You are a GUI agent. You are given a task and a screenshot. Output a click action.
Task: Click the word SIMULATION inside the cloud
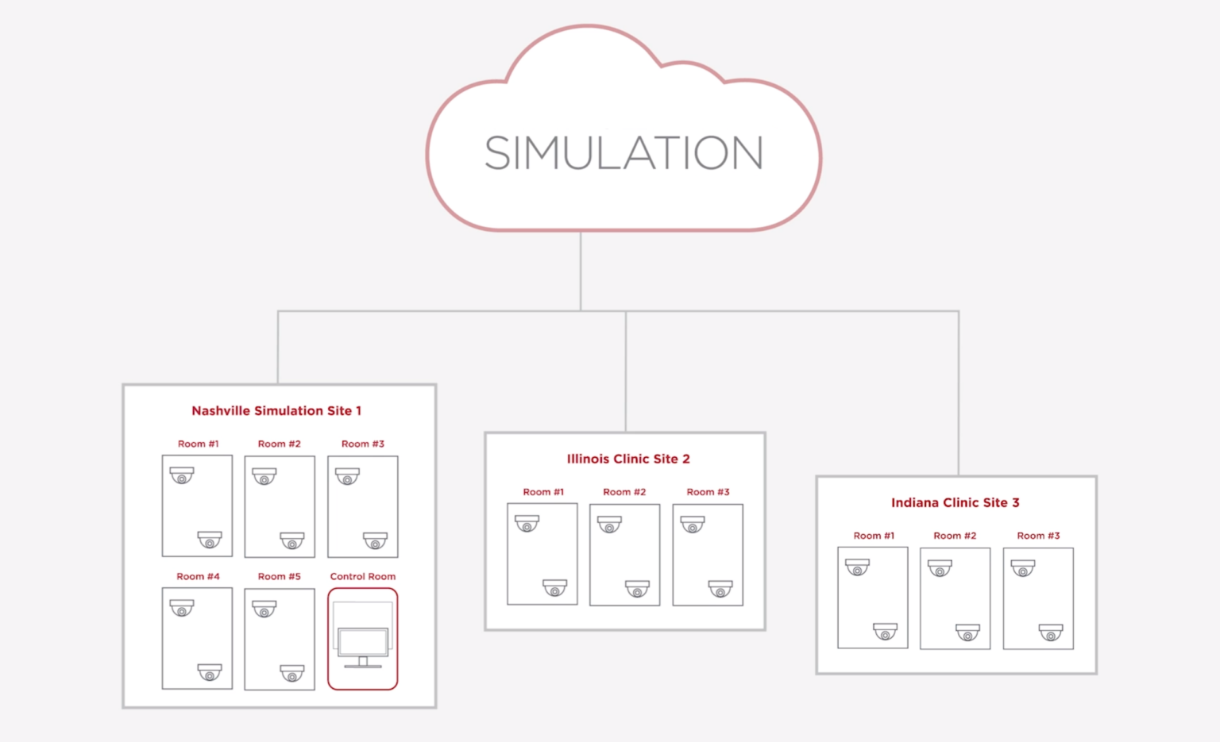(x=624, y=153)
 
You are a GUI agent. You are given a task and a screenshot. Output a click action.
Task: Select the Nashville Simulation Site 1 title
(x=276, y=410)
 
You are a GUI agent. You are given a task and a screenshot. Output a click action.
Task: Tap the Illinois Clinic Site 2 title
(x=628, y=459)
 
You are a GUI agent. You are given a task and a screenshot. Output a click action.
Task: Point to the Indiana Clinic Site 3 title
(x=955, y=502)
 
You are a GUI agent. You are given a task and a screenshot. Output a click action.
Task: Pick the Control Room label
(x=363, y=576)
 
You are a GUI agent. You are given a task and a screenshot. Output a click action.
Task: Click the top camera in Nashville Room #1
(x=182, y=475)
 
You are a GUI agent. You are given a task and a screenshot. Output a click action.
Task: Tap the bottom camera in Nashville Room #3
(x=375, y=540)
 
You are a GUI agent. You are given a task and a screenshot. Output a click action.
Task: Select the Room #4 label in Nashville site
(x=198, y=576)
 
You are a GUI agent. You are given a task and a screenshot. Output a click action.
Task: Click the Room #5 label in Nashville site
(x=280, y=576)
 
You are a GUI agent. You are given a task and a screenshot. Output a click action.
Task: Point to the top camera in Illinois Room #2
(x=609, y=525)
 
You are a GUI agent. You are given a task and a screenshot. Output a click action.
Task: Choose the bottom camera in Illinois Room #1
(x=554, y=588)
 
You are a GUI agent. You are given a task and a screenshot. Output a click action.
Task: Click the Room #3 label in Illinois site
(x=708, y=492)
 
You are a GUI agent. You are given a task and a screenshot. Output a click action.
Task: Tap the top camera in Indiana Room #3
(x=1023, y=568)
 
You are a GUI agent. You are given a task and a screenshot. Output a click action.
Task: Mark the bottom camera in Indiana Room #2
(x=967, y=632)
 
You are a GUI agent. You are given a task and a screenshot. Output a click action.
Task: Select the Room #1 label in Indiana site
(x=874, y=536)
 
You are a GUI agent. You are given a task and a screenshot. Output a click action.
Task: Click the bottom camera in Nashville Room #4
(x=210, y=672)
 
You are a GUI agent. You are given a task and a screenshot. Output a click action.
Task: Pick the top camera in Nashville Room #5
(x=264, y=609)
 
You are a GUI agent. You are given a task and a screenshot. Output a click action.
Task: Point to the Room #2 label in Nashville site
(x=280, y=444)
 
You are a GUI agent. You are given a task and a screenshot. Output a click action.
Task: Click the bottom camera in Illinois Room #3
(x=720, y=589)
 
